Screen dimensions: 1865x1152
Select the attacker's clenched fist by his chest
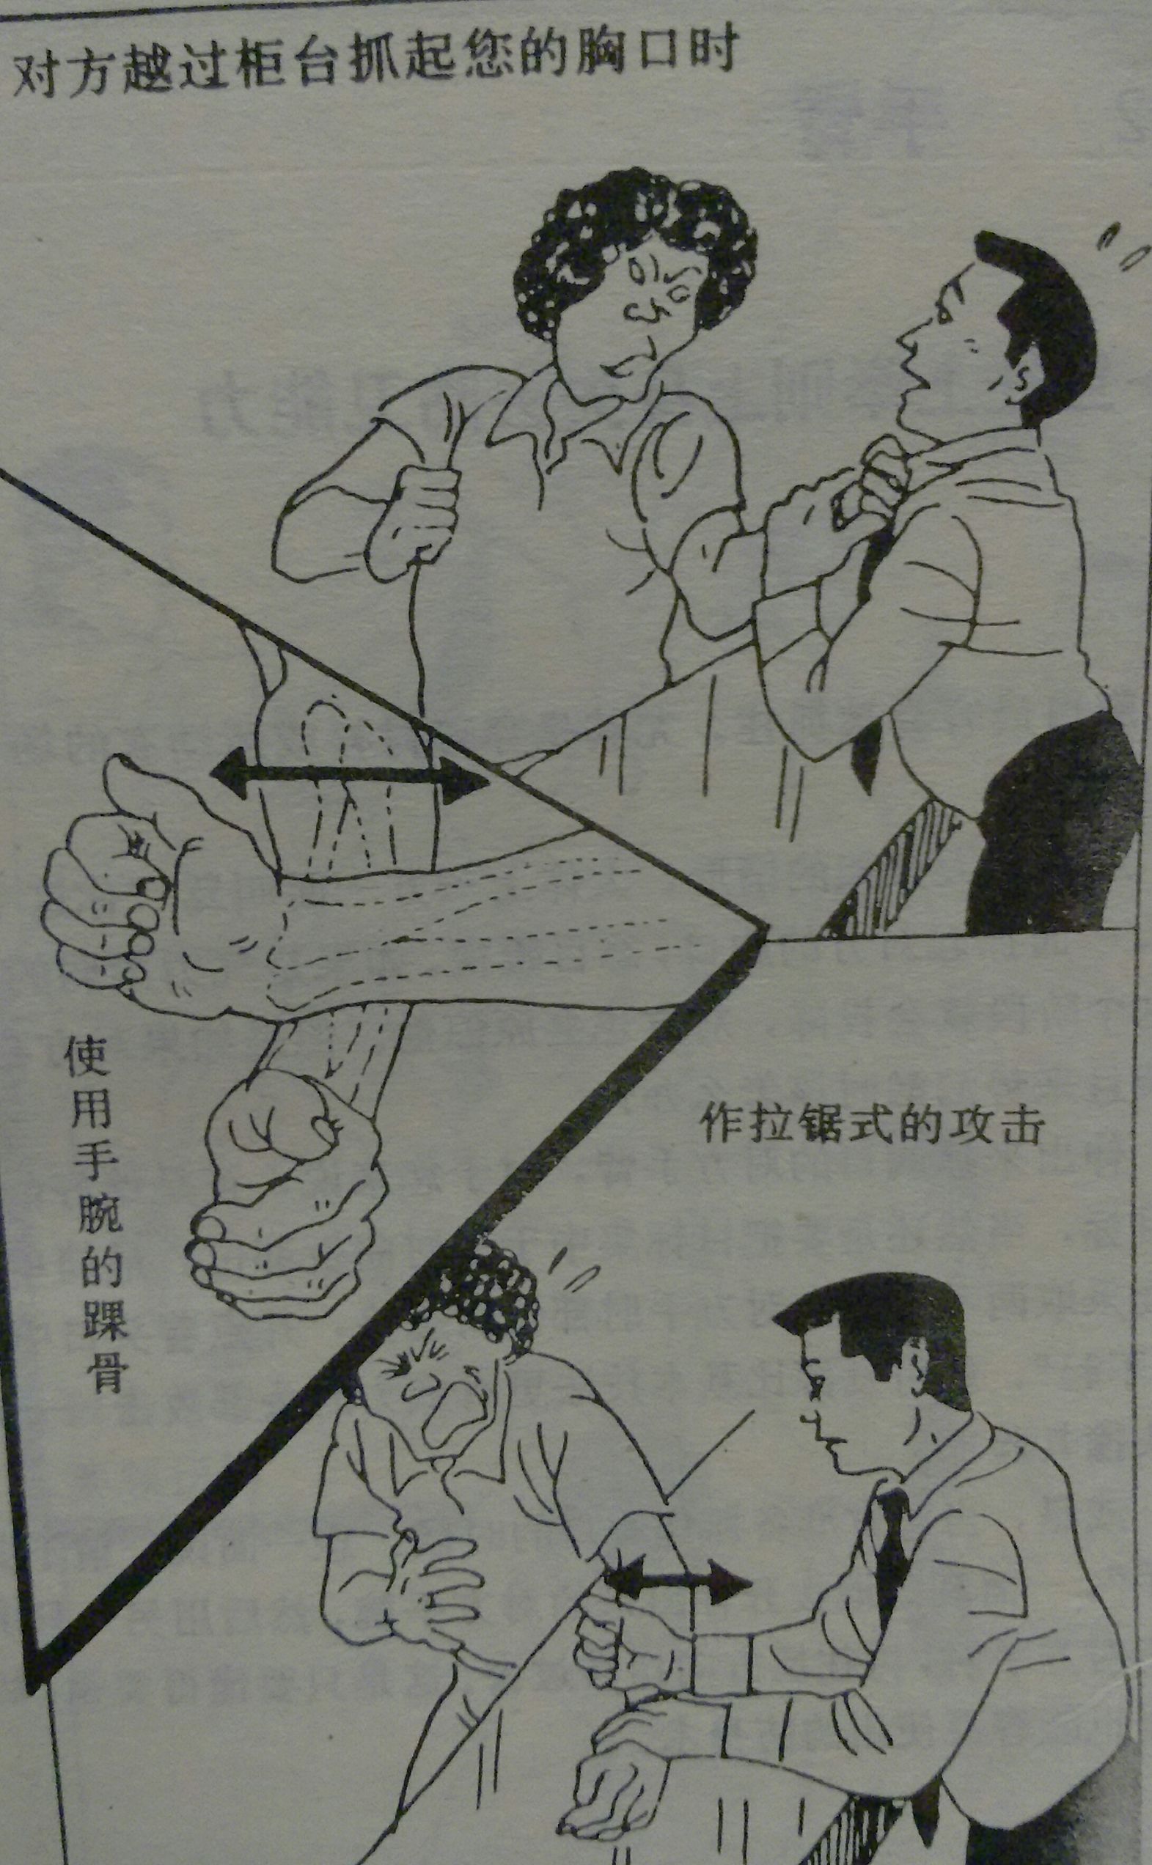pyautogui.click(x=415, y=510)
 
